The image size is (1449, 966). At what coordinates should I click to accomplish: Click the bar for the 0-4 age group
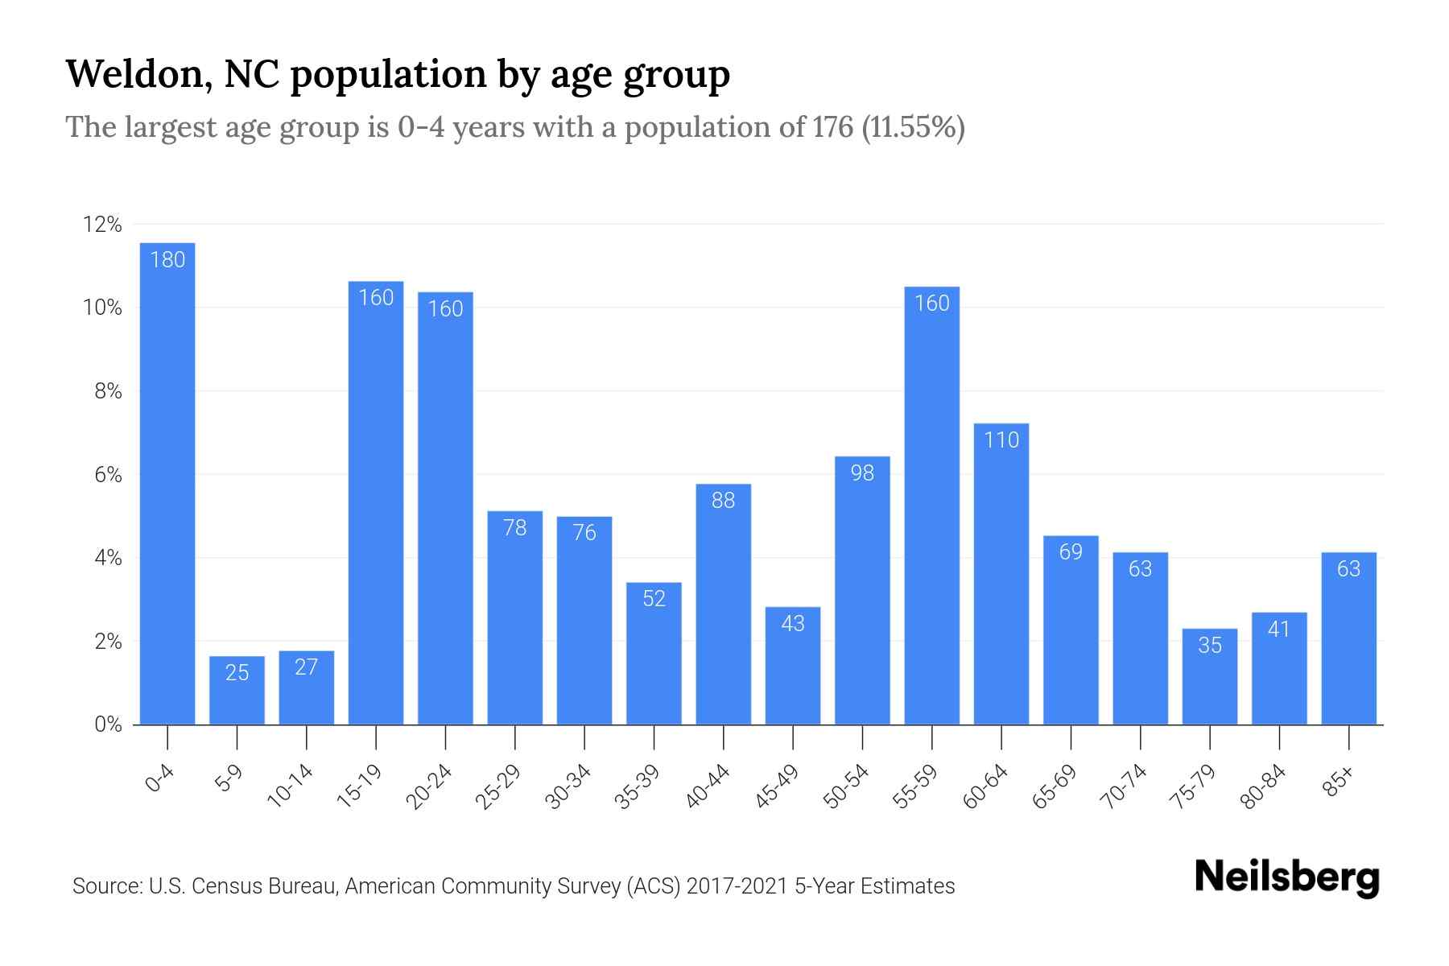pyautogui.click(x=167, y=483)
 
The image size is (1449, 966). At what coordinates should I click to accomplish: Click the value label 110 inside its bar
pyautogui.click(x=1001, y=440)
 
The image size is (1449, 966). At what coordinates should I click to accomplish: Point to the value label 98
pyautogui.click(x=862, y=473)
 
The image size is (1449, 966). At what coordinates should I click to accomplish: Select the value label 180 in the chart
pyautogui.click(x=167, y=259)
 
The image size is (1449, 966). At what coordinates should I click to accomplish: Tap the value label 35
pyautogui.click(x=1210, y=645)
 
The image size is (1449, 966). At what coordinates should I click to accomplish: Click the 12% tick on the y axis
pyautogui.click(x=103, y=225)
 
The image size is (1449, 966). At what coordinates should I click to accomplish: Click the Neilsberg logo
pyautogui.click(x=1286, y=877)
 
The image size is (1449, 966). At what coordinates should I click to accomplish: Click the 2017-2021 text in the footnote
pyautogui.click(x=737, y=886)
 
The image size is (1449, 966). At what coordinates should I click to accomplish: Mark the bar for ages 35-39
pyautogui.click(x=654, y=653)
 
